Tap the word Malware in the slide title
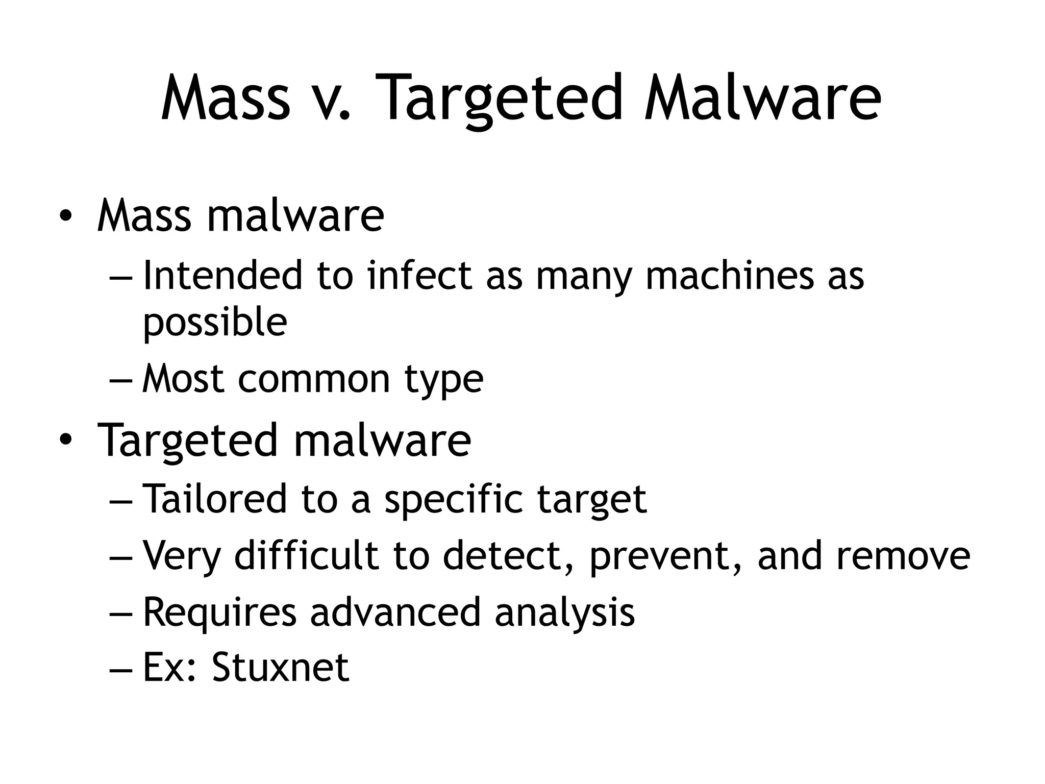762,98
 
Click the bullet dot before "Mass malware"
65,216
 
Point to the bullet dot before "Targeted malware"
65,439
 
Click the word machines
729,275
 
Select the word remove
903,555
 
